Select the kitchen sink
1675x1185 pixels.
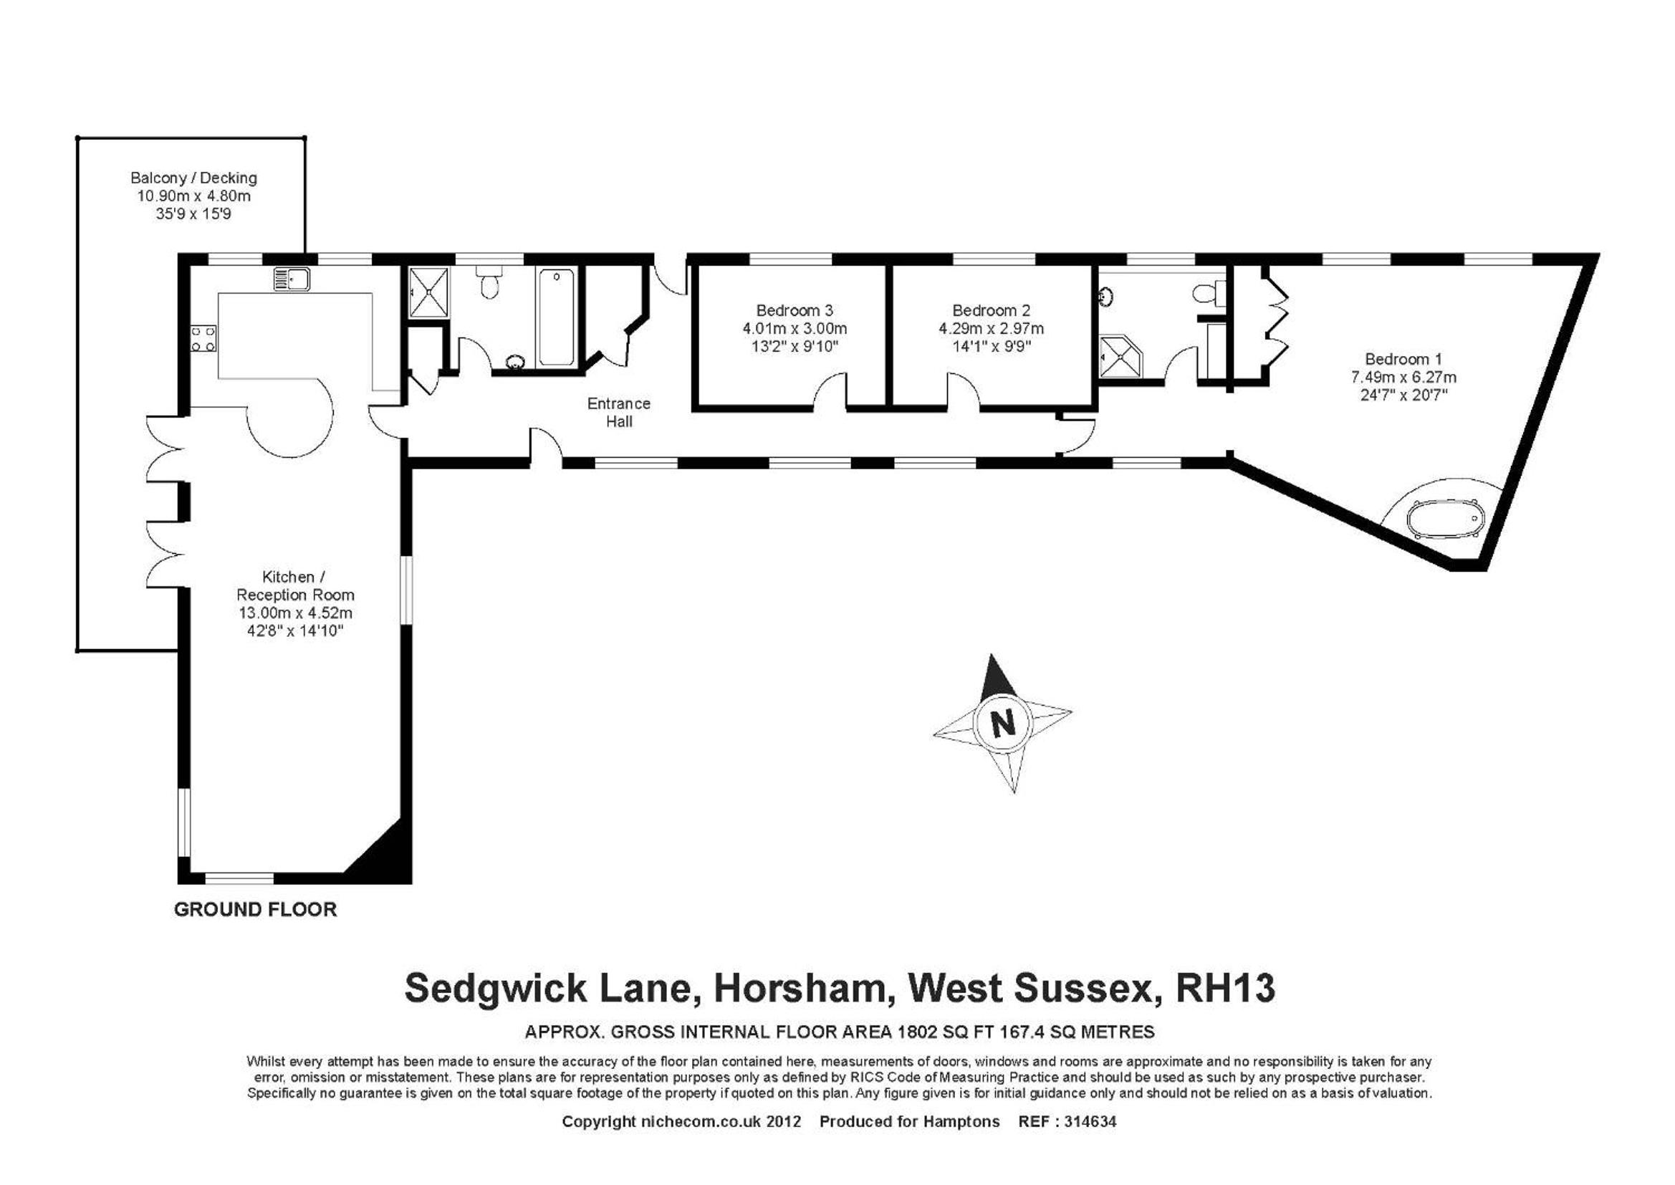[x=292, y=279]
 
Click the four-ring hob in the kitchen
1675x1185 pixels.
[x=203, y=338]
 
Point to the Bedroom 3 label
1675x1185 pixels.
[x=795, y=311]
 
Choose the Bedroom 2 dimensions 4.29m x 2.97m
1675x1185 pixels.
[x=991, y=329]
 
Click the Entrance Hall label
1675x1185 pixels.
[x=619, y=412]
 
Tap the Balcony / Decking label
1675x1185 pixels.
[x=193, y=178]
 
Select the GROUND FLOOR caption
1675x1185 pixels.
[x=255, y=909]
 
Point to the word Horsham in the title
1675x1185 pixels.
[x=800, y=988]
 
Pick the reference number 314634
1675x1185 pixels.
[x=1090, y=1121]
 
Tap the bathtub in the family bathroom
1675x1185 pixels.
[x=557, y=316]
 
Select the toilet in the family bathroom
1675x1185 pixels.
[x=489, y=282]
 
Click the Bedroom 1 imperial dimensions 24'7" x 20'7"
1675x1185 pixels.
[x=1403, y=395]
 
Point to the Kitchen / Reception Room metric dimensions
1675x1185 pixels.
[x=295, y=613]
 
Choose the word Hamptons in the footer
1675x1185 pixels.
[x=961, y=1121]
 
